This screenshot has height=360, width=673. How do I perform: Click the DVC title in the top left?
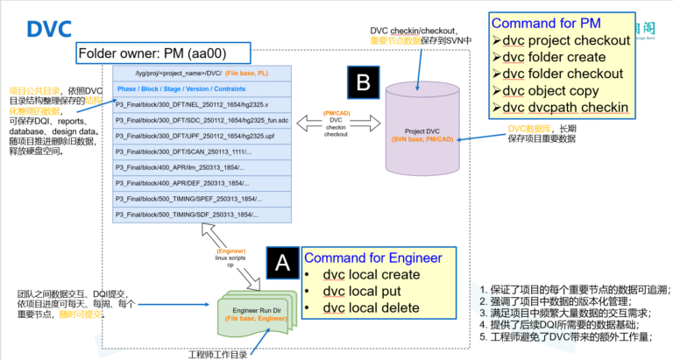point(48,28)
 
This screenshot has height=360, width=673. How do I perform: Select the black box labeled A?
point(281,262)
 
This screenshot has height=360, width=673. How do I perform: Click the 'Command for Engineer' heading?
point(373,258)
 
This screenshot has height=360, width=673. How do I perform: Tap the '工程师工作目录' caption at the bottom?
point(217,353)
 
